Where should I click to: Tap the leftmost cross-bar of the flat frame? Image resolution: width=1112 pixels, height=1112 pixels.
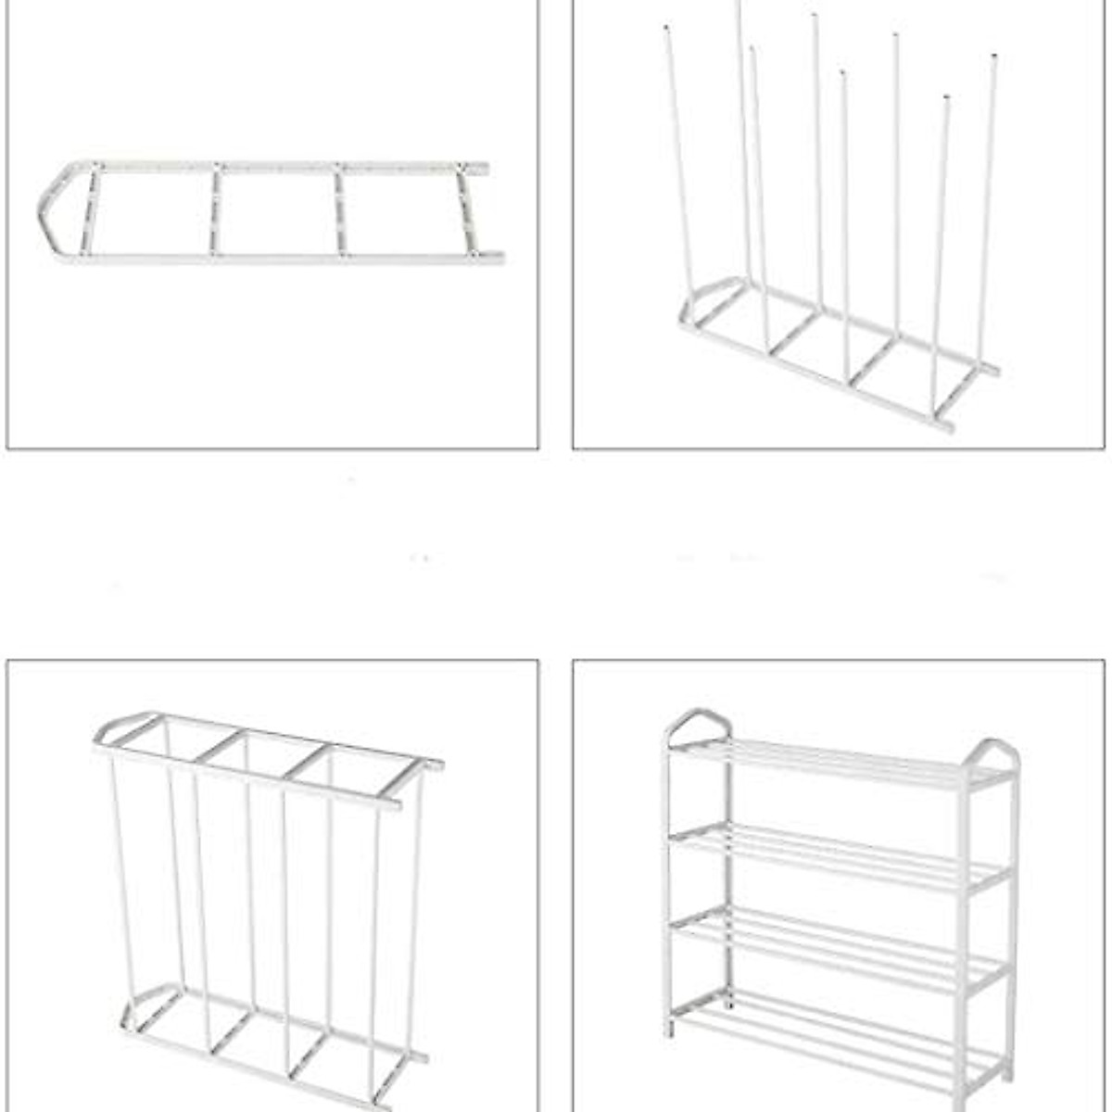90,210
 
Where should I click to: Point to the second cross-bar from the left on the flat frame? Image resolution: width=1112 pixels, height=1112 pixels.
215,210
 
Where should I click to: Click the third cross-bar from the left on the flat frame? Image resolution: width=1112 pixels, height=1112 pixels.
341,211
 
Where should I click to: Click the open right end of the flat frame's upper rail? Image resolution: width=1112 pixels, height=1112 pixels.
483,169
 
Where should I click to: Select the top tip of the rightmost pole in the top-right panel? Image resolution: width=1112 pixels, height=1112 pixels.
995,57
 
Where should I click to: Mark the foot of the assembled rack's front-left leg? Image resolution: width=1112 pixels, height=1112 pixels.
669,1030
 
